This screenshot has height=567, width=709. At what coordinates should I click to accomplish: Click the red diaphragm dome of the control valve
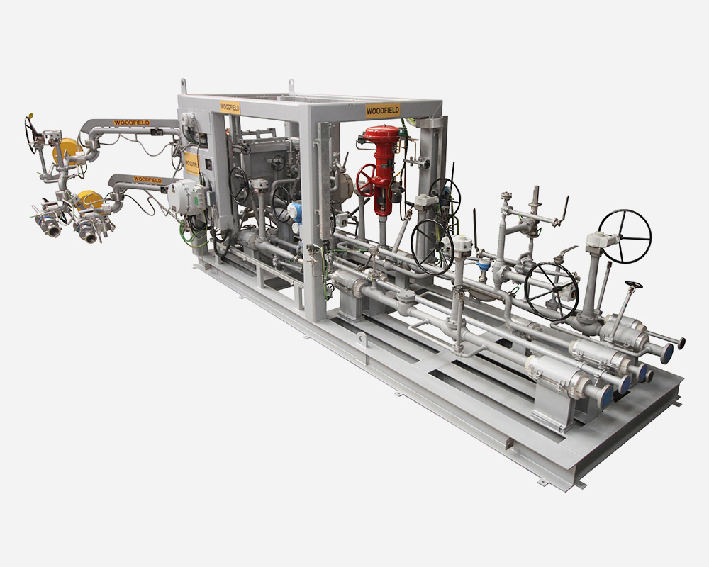(x=383, y=134)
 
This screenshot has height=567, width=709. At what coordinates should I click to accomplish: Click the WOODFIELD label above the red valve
(x=383, y=111)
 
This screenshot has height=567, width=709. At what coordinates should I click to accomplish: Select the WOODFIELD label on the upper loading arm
(x=132, y=123)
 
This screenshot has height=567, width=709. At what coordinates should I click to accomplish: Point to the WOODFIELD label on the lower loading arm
(x=147, y=179)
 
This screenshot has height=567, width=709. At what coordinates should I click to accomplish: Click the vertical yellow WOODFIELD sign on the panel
(x=191, y=164)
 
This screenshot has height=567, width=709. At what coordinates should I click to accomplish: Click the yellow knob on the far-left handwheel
(x=30, y=116)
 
